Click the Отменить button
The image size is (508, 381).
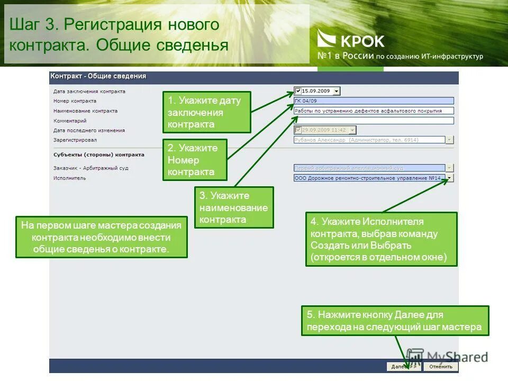click(x=441, y=366)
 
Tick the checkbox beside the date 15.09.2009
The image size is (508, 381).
click(x=298, y=91)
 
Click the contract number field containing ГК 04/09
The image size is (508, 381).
click(x=374, y=101)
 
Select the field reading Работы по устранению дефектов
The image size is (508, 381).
click(x=374, y=111)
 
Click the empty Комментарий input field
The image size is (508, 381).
click(x=374, y=121)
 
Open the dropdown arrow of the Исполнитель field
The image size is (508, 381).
click(x=450, y=178)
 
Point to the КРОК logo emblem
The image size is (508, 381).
click(x=326, y=40)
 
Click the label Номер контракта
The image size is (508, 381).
click(x=75, y=101)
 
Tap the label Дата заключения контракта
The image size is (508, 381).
click(x=89, y=91)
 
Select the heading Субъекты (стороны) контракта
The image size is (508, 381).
click(x=98, y=155)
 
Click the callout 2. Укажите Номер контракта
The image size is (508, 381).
click(x=194, y=160)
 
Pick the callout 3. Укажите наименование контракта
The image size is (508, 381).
click(x=234, y=207)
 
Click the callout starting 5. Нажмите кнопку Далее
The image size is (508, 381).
click(x=395, y=321)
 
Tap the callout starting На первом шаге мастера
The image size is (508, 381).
click(x=101, y=237)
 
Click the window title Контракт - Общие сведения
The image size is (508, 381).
click(x=98, y=76)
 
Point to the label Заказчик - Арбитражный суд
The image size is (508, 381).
click(x=91, y=168)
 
